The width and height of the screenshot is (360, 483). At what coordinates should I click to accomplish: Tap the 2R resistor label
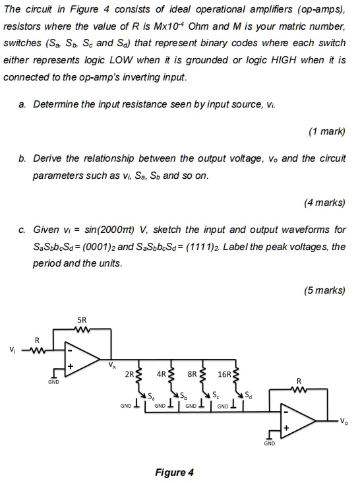(129, 373)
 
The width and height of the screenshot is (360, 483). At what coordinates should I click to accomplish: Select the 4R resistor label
(161, 373)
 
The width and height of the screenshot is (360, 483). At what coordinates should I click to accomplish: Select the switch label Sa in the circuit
(151, 397)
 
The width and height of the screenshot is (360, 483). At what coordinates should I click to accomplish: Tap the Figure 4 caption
(173, 472)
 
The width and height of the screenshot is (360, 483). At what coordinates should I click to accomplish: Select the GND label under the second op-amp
(269, 444)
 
